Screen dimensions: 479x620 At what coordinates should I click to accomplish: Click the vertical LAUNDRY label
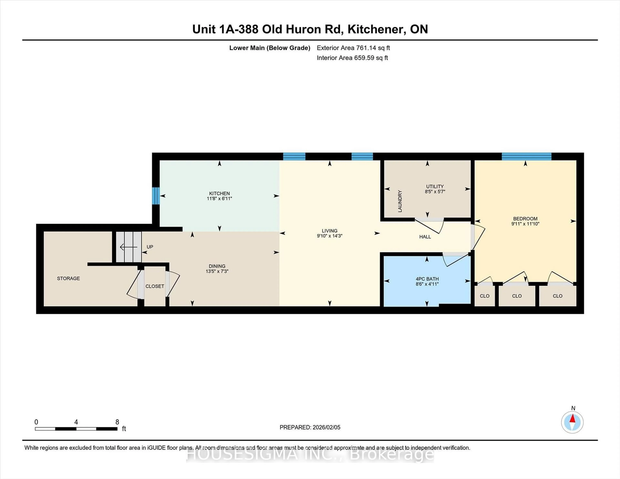(400, 201)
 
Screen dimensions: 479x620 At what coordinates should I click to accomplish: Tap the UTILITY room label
(435, 186)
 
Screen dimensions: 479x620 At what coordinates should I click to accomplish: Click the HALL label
(425, 237)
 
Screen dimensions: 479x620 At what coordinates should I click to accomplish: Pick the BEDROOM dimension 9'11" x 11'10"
(525, 224)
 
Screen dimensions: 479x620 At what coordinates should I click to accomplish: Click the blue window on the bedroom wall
(526, 156)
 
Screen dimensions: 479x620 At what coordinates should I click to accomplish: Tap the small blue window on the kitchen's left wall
(156, 196)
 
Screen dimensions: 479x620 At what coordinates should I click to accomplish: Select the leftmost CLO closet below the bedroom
(484, 296)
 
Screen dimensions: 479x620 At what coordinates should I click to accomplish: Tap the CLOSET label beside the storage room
(155, 286)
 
